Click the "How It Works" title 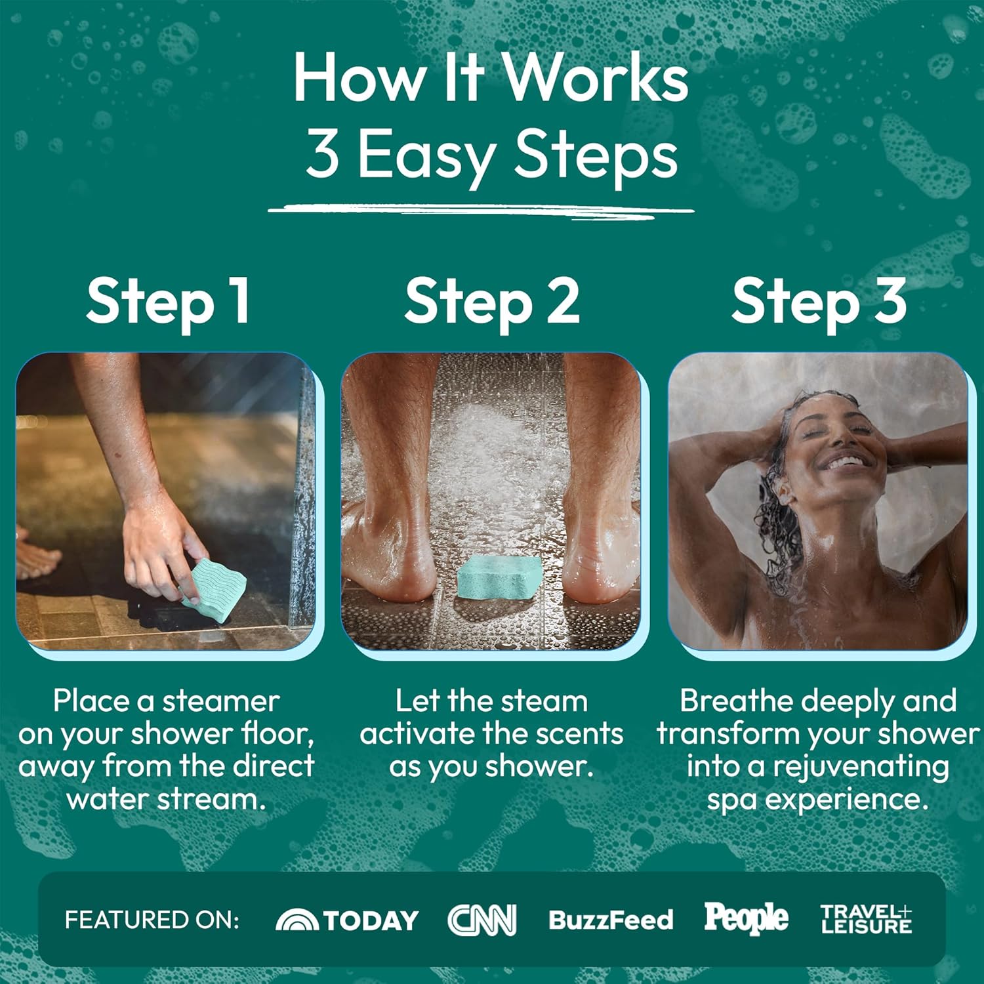[491, 77]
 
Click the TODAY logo [347, 920]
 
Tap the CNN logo [482, 920]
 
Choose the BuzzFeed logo [611, 920]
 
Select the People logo [747, 918]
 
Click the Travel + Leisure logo [867, 919]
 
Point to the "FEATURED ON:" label [152, 920]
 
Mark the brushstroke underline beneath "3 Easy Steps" [481, 210]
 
